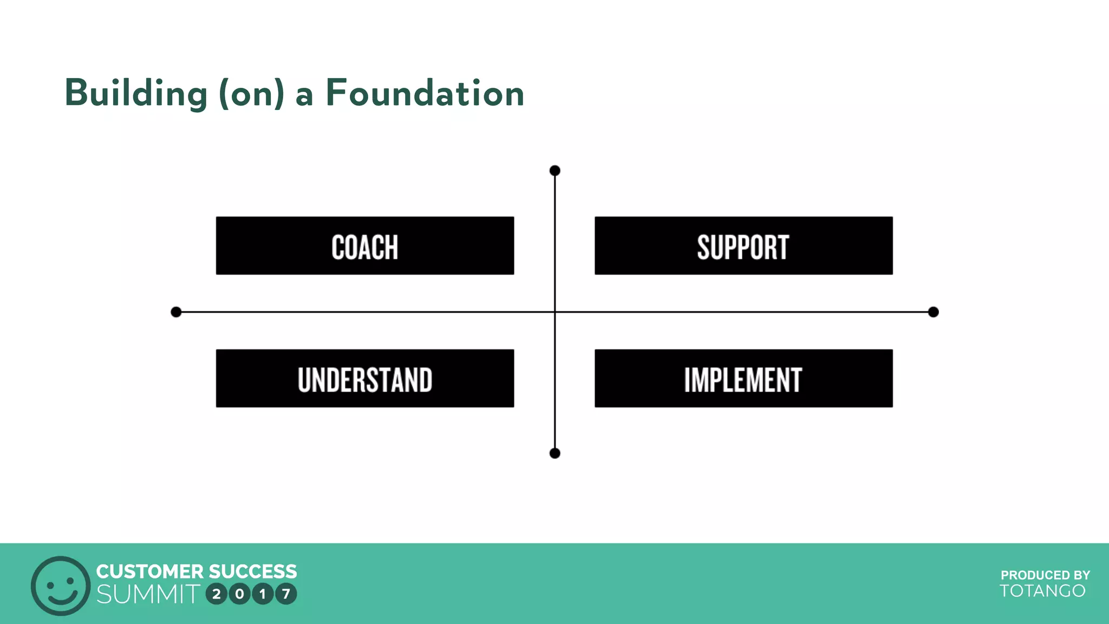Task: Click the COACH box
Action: (364, 246)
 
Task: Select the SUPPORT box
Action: (743, 246)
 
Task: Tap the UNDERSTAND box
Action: (364, 379)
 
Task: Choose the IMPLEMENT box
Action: (743, 379)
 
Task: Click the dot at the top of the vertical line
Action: (554, 171)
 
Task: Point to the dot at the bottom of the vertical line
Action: (554, 453)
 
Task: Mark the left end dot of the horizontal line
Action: (176, 312)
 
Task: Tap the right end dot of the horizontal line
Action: (933, 312)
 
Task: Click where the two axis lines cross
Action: (554, 312)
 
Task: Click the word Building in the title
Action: (136, 93)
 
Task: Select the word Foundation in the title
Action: (425, 93)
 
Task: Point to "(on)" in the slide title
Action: (251, 93)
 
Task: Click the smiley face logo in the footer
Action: (60, 586)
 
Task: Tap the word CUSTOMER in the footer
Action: (149, 571)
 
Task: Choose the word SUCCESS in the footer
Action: (253, 571)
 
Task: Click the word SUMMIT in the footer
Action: (148, 594)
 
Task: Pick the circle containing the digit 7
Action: (286, 594)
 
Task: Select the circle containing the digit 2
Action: (217, 594)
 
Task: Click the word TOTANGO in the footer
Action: (1042, 591)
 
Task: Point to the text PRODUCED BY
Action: (1045, 575)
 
